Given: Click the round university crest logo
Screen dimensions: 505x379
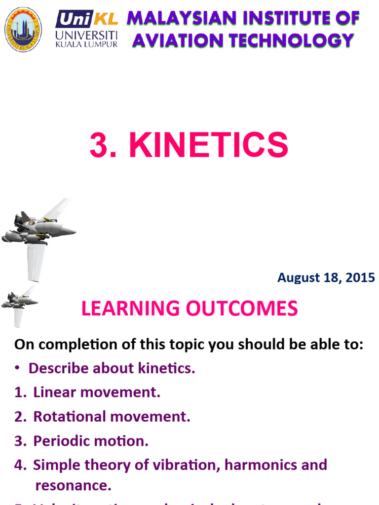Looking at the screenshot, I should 23,29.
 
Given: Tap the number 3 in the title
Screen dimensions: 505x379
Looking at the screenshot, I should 98,145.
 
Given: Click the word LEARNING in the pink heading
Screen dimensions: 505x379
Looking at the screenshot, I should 130,309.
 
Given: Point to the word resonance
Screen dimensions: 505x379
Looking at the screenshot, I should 73,486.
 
